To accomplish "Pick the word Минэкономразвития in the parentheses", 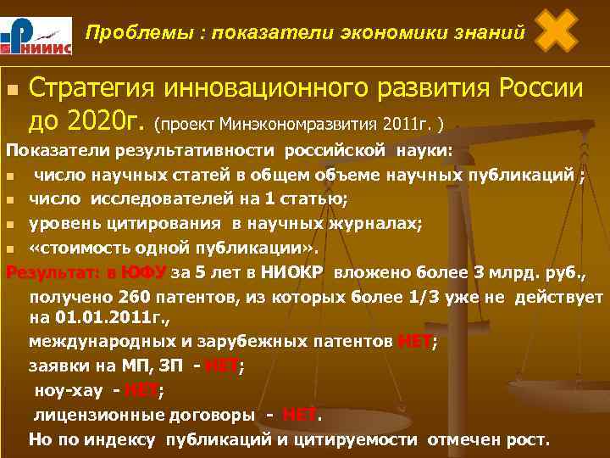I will point(297,126).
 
